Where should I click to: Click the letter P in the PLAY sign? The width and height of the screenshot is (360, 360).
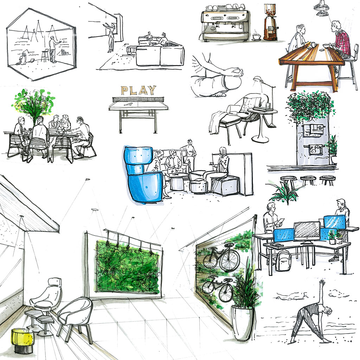125,91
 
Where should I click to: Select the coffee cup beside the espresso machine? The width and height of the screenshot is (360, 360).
256,37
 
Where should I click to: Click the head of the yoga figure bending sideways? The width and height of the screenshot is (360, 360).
328,311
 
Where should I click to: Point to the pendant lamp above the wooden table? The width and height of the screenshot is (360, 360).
322,8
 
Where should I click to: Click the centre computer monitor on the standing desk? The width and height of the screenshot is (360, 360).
307,232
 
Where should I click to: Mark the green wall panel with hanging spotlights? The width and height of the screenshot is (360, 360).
127,268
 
